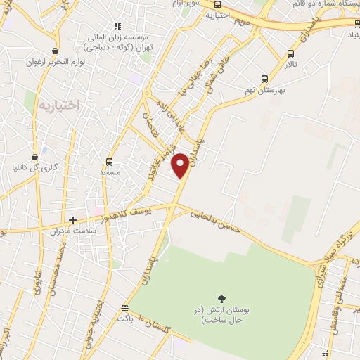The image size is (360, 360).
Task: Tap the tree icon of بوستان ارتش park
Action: pos(222,299)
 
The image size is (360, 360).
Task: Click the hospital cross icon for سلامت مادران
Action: pos(72,220)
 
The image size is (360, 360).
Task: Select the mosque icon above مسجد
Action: pos(109,161)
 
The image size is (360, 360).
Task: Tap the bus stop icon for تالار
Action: pos(290,53)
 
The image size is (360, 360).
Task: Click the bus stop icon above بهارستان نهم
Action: pos(264,79)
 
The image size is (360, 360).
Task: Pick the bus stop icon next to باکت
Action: pos(124,308)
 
